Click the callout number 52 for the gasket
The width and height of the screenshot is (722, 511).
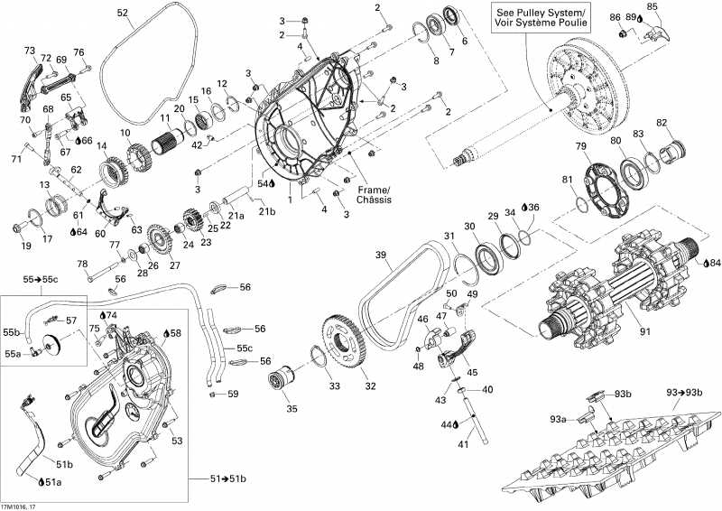tap(123, 13)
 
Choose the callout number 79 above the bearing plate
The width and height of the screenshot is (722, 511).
tap(580, 146)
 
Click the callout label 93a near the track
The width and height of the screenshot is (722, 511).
tap(560, 418)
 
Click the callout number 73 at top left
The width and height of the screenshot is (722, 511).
tap(29, 51)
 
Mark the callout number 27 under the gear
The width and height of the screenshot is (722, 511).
tap(174, 265)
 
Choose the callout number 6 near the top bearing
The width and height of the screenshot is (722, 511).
tap(465, 41)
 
